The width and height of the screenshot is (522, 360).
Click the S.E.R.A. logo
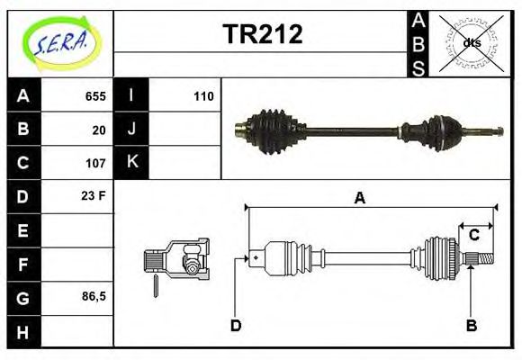click(59, 42)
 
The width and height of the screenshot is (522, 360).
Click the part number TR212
click(262, 34)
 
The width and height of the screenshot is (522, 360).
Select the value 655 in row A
click(95, 96)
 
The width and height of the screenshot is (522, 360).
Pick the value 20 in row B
click(99, 130)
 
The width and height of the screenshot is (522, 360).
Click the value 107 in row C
click(95, 163)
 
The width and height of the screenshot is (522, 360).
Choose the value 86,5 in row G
click(94, 296)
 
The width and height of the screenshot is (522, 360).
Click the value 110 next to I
click(202, 96)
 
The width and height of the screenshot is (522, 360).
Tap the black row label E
click(23, 230)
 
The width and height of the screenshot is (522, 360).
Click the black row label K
click(131, 163)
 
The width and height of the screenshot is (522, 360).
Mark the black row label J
click(131, 130)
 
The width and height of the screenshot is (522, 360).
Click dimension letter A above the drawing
click(360, 199)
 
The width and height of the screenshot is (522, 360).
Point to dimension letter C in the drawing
click(473, 236)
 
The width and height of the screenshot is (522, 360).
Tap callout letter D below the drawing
click(236, 325)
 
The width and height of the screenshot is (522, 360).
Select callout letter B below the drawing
click(471, 325)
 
